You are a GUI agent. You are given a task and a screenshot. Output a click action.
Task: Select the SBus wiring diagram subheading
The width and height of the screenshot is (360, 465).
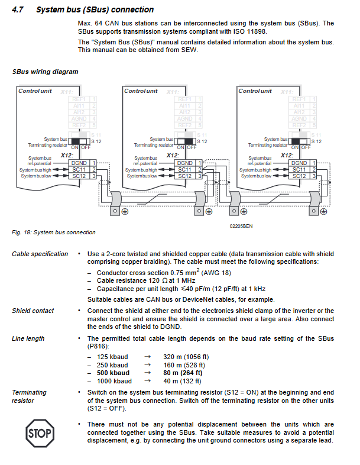45,72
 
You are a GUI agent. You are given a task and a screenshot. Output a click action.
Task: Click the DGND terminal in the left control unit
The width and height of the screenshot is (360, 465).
78,163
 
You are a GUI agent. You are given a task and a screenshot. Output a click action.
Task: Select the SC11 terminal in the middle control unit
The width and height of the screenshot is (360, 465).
185,169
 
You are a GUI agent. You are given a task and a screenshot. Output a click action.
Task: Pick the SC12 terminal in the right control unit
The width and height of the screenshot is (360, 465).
299,176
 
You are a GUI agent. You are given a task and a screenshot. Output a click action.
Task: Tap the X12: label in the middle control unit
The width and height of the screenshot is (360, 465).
171,155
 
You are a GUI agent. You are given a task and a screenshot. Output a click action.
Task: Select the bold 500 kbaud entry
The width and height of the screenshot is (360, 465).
112,373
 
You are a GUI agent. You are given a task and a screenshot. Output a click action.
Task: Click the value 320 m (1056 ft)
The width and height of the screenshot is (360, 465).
186,357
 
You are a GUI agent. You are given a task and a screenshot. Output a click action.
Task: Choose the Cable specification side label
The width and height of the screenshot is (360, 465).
40,254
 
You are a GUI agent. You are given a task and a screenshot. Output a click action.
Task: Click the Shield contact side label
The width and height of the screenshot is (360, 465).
33,311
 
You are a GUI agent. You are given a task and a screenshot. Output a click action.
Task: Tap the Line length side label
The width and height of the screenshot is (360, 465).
28,338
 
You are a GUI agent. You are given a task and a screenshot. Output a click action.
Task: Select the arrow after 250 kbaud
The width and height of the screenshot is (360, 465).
148,365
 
